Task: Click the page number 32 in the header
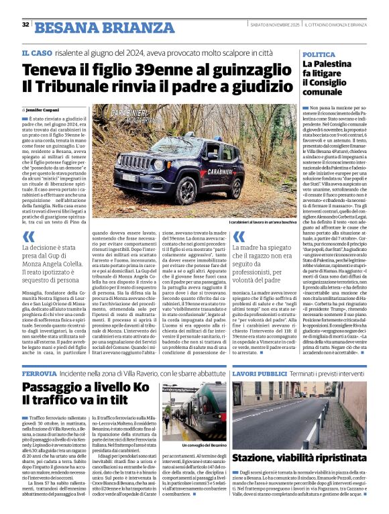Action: pos(25,25)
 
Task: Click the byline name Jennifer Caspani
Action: pos(44,109)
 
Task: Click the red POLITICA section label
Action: pos(319,54)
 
